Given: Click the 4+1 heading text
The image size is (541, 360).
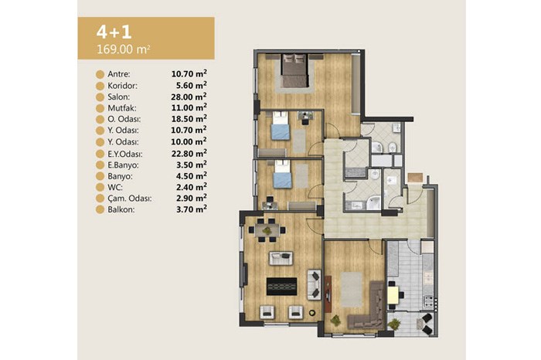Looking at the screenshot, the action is (x=114, y=32).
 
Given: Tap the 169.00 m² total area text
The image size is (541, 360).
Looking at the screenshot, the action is (x=123, y=49).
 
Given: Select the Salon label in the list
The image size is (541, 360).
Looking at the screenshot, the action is (x=119, y=97).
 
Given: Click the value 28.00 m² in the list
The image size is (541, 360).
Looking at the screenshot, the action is (x=189, y=97).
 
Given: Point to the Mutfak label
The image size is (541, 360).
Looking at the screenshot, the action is (x=122, y=108).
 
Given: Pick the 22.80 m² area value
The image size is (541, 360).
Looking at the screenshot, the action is (x=189, y=153).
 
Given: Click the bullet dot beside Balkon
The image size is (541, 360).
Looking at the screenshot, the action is (x=100, y=209).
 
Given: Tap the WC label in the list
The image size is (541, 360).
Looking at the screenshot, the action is (x=115, y=187).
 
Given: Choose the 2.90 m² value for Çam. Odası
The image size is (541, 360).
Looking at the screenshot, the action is (x=192, y=198).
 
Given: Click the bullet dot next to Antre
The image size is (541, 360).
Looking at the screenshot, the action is (x=100, y=74).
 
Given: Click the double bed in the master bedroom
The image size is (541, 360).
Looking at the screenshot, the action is (x=294, y=70).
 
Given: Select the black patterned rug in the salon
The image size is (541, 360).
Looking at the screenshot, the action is (x=281, y=286).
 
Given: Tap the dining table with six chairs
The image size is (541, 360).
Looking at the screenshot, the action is (x=267, y=229).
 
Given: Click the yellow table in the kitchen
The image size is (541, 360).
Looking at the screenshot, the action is (x=393, y=294).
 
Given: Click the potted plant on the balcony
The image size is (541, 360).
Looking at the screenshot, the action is (x=394, y=324).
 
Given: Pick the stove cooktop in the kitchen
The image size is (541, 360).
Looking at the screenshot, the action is (x=428, y=301).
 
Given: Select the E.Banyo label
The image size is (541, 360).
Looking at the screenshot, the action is (x=123, y=165).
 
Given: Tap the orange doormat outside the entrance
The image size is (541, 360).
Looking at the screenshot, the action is (x=415, y=177).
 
